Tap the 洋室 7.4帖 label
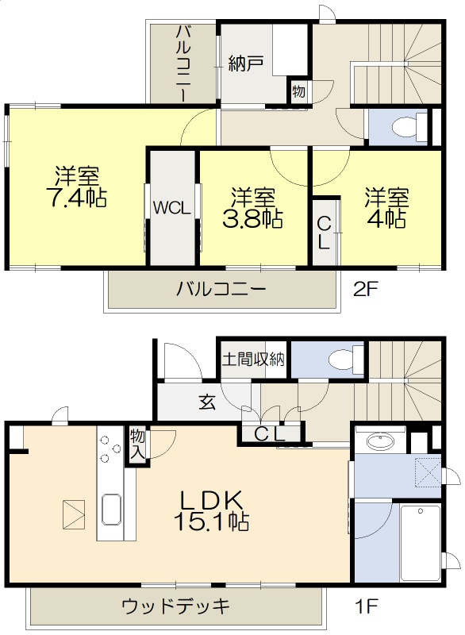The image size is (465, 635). (77, 186)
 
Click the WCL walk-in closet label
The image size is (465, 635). (171, 209)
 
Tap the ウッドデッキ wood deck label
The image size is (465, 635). (176, 607)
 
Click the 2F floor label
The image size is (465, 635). (366, 290)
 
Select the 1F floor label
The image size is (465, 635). (366, 607)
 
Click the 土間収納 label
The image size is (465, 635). (253, 360)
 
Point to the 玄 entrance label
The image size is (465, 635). (206, 402)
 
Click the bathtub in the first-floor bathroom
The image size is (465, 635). (421, 541)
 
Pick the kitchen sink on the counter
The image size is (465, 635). (110, 508)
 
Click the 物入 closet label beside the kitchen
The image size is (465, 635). (136, 446)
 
